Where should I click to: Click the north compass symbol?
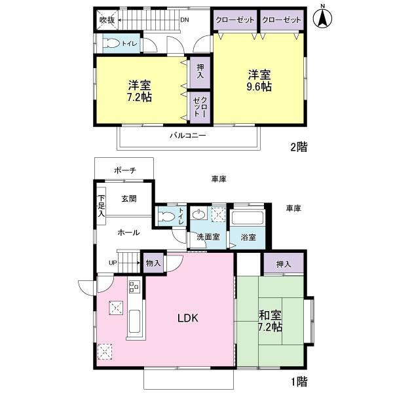pos(322,17)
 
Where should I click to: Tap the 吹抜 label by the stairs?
pos(107,20)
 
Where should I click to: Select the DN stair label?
pos(185,20)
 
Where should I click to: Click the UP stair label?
pos(113,263)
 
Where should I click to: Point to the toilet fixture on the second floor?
pos(112,43)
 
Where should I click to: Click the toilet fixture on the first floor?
pos(166,216)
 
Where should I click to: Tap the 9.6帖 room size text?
pos(259,86)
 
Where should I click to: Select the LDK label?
pos(188,318)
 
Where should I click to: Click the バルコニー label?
pos(188,136)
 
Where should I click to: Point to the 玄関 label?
pos(129,199)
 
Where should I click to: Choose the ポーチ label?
pos(125,170)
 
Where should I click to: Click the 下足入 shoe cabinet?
pos(102,206)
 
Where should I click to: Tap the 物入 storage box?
pos(153,263)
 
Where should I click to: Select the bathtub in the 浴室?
pos(247,218)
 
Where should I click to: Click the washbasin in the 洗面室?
pos(199,215)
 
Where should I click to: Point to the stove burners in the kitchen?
pos(134,286)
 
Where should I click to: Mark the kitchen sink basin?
pos(134,322)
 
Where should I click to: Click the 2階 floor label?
pos(299,147)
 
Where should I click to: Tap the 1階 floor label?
pos(299,382)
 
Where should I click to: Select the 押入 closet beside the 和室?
pos(284,263)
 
